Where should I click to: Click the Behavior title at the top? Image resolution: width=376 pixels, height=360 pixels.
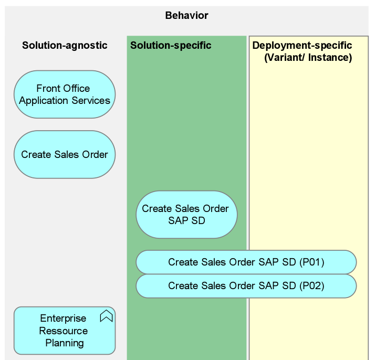(x=186, y=15)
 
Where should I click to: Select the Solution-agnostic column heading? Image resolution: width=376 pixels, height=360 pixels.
(x=65, y=46)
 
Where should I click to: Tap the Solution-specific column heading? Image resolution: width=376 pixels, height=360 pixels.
(x=171, y=46)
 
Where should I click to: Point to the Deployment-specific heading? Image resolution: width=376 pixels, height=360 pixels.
(x=302, y=46)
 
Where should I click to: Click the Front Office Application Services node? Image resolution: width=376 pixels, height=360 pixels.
(x=64, y=95)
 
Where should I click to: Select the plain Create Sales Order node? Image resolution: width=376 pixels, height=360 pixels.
(x=64, y=155)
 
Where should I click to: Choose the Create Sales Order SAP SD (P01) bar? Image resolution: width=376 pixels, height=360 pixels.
(x=246, y=262)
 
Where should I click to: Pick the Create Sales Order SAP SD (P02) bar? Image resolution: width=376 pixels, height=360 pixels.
(x=246, y=286)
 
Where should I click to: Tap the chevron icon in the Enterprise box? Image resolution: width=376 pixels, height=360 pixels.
(x=106, y=316)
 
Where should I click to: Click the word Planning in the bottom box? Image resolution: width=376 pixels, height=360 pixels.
(x=64, y=343)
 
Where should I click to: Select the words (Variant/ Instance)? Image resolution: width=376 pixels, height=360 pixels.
(x=308, y=58)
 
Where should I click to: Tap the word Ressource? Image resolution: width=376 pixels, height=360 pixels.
(x=64, y=331)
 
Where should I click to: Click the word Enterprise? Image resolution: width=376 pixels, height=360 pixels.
(x=63, y=319)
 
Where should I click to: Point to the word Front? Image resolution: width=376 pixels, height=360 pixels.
(x=48, y=89)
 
